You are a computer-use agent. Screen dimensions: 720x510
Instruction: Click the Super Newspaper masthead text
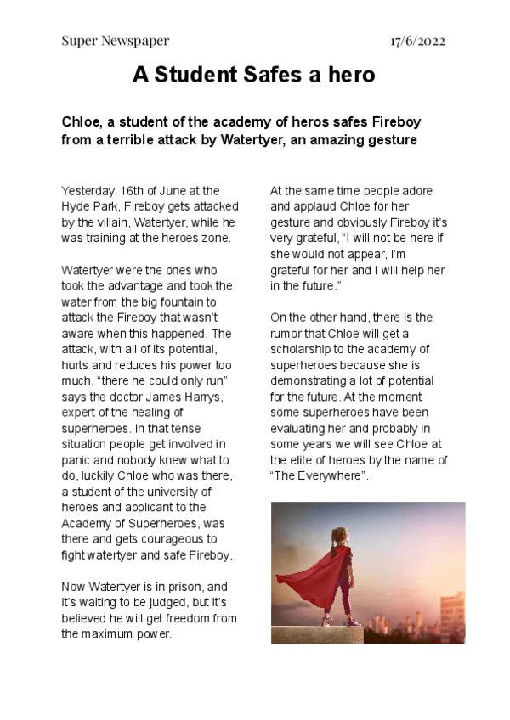[116, 41]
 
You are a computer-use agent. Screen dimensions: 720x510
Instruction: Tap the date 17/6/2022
[418, 41]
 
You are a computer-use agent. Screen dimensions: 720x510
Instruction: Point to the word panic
[77, 460]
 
